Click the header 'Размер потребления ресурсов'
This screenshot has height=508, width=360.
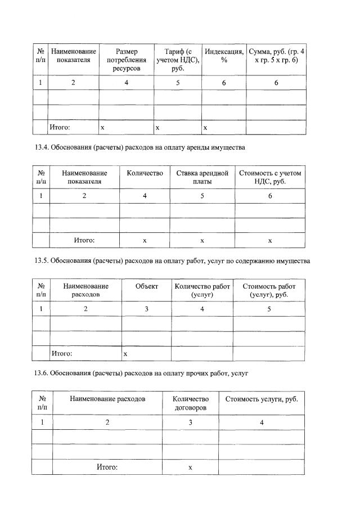click(127, 60)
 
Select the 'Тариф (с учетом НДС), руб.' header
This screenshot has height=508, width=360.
click(178, 60)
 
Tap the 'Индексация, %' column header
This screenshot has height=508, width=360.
click(224, 56)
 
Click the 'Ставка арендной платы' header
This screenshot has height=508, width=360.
click(202, 177)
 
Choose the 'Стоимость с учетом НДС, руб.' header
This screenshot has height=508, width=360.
click(270, 177)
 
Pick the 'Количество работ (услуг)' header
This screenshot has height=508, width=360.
click(202, 290)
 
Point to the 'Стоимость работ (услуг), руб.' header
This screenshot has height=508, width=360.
click(269, 290)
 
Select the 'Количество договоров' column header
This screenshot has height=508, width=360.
click(190, 403)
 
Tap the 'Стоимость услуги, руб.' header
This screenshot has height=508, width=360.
click(261, 399)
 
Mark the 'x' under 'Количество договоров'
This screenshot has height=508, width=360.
click(190, 467)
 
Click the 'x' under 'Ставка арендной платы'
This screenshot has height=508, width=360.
click(202, 240)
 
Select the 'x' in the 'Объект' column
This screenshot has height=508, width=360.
click(125, 354)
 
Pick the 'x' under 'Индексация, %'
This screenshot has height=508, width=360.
click(205, 128)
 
